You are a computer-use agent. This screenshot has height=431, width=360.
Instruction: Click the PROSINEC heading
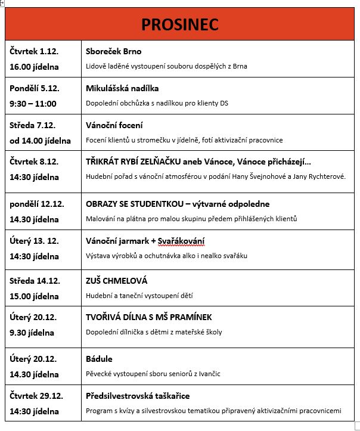tap(180, 24)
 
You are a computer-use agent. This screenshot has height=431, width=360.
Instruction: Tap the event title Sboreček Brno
tap(114, 51)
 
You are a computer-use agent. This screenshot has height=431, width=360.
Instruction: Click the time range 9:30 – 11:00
tap(33, 103)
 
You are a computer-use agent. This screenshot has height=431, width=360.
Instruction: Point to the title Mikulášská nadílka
tap(122, 88)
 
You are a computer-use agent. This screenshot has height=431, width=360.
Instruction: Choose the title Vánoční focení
tap(114, 125)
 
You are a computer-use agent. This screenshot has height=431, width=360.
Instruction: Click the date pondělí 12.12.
tap(37, 203)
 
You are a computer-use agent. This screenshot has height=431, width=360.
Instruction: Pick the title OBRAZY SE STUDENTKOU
tap(138, 203)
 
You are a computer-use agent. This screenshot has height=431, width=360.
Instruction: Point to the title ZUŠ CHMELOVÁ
tap(117, 280)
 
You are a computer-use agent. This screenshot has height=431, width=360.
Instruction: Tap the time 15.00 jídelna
tap(35, 296)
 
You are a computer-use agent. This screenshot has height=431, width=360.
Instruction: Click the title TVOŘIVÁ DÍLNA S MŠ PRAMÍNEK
tap(149, 317)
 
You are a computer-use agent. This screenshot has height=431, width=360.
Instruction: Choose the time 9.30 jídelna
tap(32, 333)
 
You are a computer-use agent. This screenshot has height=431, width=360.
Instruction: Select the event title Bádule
tap(100, 359)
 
